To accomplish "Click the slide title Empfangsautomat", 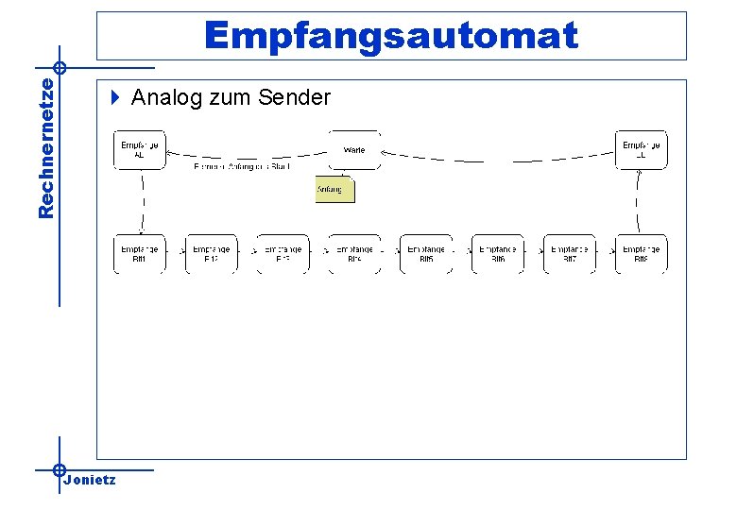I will tap(390, 36).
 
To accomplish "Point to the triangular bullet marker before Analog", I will tap(115, 96).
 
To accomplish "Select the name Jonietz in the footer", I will tap(90, 480).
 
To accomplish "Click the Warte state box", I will tap(354, 150).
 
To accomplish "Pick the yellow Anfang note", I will tap(334, 190).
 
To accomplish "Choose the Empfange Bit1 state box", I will tap(140, 253).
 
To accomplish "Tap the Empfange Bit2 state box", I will tap(211, 253).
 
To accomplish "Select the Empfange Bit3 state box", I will tap(283, 253).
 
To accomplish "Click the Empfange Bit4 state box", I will tap(354, 253).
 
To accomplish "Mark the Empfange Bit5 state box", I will tap(426, 253).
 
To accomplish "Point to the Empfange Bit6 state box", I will tap(498, 253).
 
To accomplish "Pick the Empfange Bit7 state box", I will tap(570, 253).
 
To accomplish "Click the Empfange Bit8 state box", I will tap(641, 253).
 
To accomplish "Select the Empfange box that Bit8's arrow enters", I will tap(641, 150).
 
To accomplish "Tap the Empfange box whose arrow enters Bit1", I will tap(140, 150).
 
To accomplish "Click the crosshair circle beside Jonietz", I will tap(59, 469).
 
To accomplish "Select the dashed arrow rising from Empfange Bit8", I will tap(639, 202).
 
